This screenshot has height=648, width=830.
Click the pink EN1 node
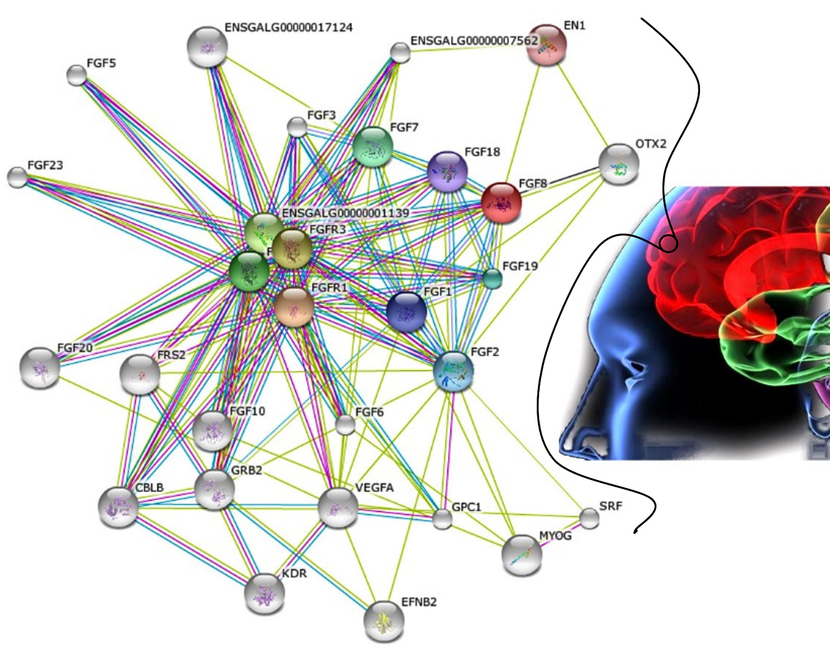(546, 45)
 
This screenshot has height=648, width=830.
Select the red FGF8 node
(501, 203)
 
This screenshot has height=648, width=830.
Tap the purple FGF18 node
(447, 172)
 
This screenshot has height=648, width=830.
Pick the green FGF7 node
(373, 147)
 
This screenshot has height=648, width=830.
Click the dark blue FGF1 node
(406, 312)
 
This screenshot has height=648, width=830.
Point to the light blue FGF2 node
(454, 371)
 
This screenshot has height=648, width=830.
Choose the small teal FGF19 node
(492, 278)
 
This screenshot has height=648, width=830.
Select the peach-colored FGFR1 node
(294, 307)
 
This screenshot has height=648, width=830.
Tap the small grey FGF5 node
(77, 75)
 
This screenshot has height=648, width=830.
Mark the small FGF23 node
(18, 177)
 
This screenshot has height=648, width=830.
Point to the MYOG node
(522, 555)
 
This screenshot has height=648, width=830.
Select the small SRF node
(589, 518)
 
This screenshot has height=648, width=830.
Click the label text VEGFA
(374, 488)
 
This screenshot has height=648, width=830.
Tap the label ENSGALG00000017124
(288, 27)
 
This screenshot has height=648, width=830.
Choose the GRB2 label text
(247, 470)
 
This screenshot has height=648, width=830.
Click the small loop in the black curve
(668, 244)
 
